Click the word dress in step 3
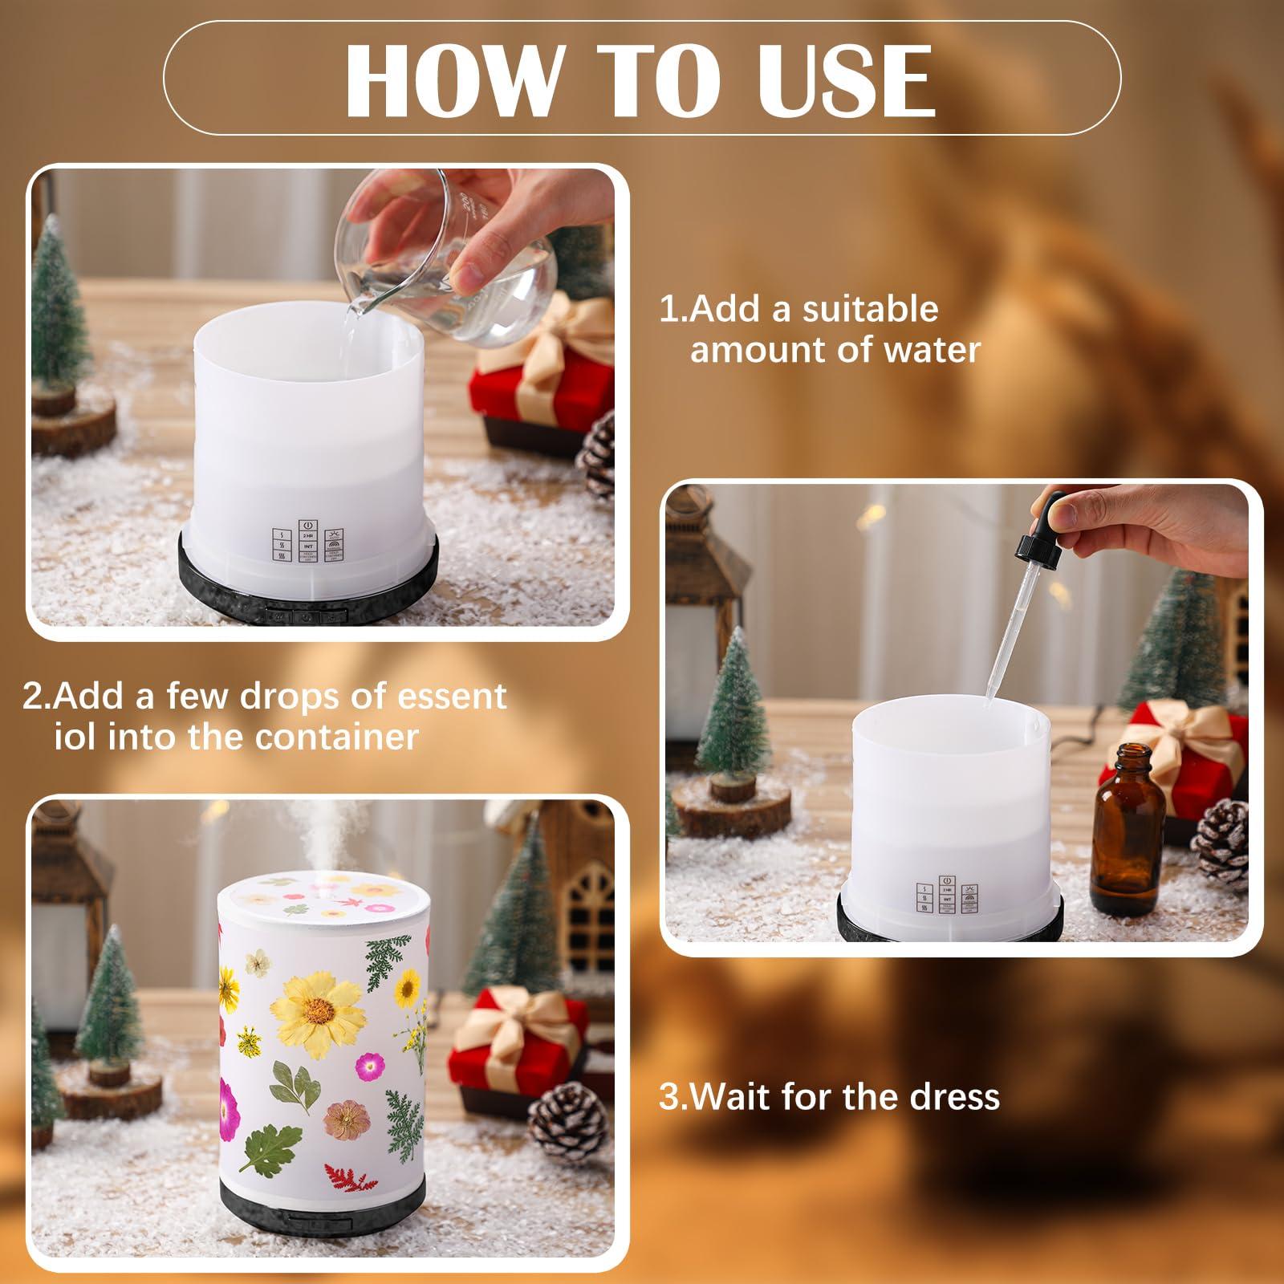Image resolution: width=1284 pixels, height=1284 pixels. pos(953,1096)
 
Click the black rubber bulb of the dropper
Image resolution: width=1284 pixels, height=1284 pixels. pos(1044,530)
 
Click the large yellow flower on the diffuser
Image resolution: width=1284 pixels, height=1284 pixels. pos(308,1000)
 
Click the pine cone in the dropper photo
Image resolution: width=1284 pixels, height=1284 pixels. pos(1221,843)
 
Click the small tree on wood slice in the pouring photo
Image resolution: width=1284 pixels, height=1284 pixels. pos(60,337)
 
